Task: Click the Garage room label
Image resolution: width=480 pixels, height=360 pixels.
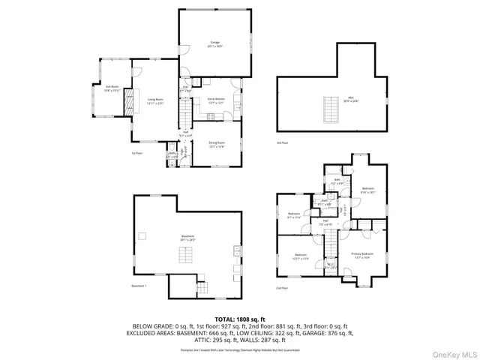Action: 216,44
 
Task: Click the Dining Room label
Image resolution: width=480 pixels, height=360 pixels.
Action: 216,145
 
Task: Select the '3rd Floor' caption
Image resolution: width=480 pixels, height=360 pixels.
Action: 283,143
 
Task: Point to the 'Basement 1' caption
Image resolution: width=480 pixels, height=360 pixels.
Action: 139,286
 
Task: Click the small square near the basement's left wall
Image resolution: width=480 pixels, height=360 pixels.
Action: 141,236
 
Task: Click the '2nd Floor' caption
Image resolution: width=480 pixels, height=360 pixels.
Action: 283,287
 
